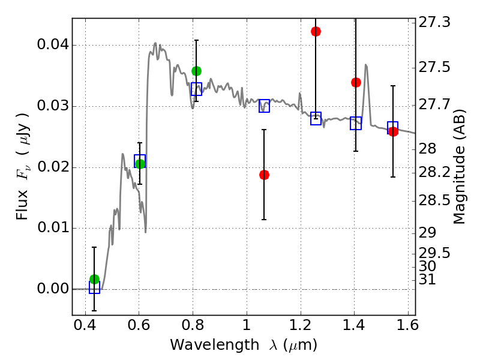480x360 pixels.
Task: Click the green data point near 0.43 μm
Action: point(94,279)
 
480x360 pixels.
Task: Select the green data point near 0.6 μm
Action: point(140,164)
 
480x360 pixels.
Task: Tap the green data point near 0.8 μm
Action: point(196,71)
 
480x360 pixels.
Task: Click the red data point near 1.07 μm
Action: point(264,175)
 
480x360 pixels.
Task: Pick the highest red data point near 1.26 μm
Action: point(316,31)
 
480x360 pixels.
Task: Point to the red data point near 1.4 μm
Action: point(356,82)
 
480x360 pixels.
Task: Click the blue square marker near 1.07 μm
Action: point(264,106)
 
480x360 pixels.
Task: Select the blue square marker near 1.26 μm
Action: point(316,118)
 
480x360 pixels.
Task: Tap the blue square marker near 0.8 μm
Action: point(196,89)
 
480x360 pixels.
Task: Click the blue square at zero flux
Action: point(94,287)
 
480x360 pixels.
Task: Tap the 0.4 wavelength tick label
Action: point(85,328)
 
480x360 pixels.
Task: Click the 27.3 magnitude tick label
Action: point(434,23)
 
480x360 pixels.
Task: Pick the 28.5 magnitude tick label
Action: point(434,200)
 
